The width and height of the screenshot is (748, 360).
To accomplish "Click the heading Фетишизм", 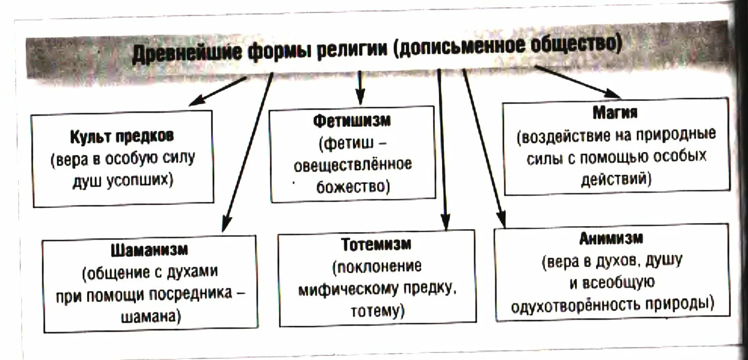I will point(352,121).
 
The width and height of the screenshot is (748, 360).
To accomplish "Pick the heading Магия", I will point(615,112).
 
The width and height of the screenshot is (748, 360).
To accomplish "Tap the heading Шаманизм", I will point(149,249).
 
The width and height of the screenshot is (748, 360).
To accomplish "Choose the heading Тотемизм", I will point(377,244).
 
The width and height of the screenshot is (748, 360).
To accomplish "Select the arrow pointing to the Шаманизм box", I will point(247,151).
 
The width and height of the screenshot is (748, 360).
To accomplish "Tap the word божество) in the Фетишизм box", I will point(353,187).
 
